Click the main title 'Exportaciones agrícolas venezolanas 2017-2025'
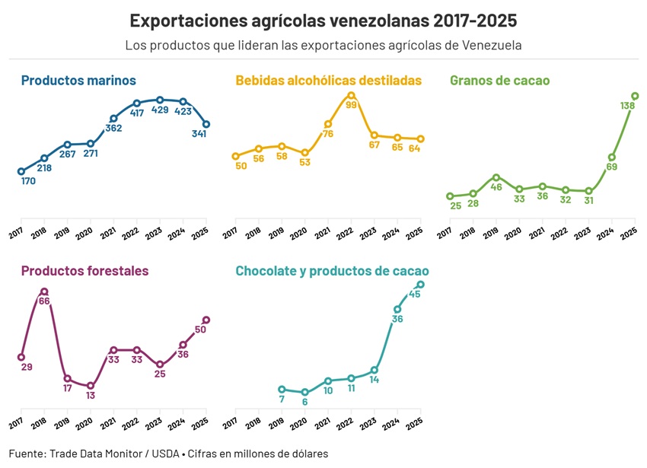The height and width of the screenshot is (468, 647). [x=323, y=20]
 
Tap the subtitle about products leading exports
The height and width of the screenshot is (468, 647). [x=323, y=45]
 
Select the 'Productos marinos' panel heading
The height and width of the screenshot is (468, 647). [x=78, y=80]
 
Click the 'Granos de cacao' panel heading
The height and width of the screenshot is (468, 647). [x=499, y=80]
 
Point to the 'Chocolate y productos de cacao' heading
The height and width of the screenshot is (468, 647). [x=332, y=271]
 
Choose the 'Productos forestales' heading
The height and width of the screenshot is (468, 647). [x=84, y=271]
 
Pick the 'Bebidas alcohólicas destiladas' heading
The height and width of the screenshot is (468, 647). [x=328, y=80]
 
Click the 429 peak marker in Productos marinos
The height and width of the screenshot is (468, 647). [x=160, y=100]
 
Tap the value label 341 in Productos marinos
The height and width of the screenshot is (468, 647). [x=199, y=134]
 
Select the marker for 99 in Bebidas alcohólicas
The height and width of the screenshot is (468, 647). [x=351, y=95]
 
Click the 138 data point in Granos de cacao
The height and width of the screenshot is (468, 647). [x=635, y=96]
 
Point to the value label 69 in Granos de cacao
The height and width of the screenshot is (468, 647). [x=611, y=167]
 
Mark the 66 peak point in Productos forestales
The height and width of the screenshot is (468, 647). [x=44, y=291]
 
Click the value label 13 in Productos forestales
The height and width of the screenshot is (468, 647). [x=91, y=396]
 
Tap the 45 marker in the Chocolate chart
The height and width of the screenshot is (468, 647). [x=420, y=285]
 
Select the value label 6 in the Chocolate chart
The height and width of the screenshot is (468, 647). [x=304, y=402]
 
